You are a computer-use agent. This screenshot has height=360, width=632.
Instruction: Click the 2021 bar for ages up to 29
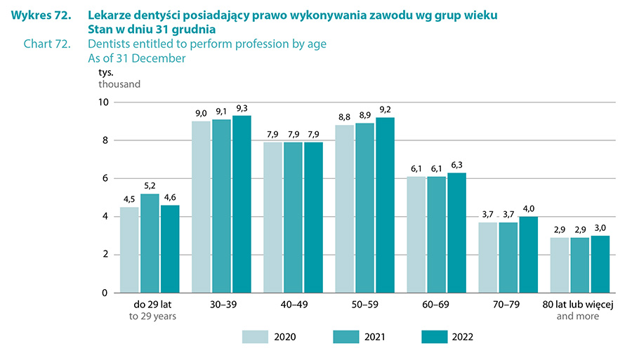(x=150, y=243)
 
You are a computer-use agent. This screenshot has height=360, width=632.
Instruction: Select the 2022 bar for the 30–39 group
(x=242, y=204)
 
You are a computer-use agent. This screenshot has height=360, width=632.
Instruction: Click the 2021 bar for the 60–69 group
(x=437, y=234)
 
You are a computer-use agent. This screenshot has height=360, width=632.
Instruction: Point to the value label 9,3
(x=242, y=108)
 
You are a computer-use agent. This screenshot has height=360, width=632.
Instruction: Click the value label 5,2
(x=150, y=186)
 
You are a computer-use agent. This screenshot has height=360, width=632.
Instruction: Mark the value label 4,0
(x=529, y=209)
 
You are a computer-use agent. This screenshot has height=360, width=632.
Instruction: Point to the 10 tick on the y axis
(x=103, y=102)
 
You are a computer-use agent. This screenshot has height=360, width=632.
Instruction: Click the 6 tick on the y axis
(x=105, y=178)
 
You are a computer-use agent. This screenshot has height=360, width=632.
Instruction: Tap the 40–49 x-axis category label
(x=293, y=305)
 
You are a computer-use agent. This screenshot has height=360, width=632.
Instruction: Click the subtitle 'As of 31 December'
(x=137, y=59)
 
